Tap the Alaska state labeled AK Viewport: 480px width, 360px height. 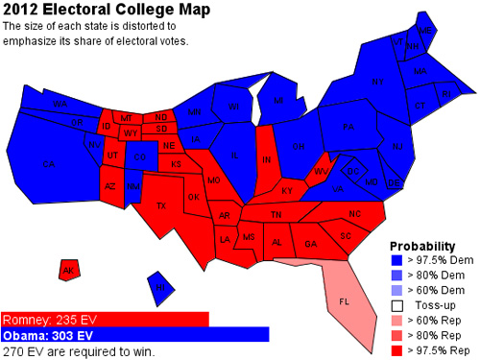click(68, 270)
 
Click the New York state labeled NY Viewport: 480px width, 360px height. click(376, 83)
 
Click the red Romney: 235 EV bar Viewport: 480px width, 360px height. click(105, 319)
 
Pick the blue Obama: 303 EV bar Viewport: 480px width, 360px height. click(134, 335)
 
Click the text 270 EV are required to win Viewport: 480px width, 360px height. click(79, 351)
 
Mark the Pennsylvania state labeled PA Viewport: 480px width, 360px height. click(348, 126)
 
